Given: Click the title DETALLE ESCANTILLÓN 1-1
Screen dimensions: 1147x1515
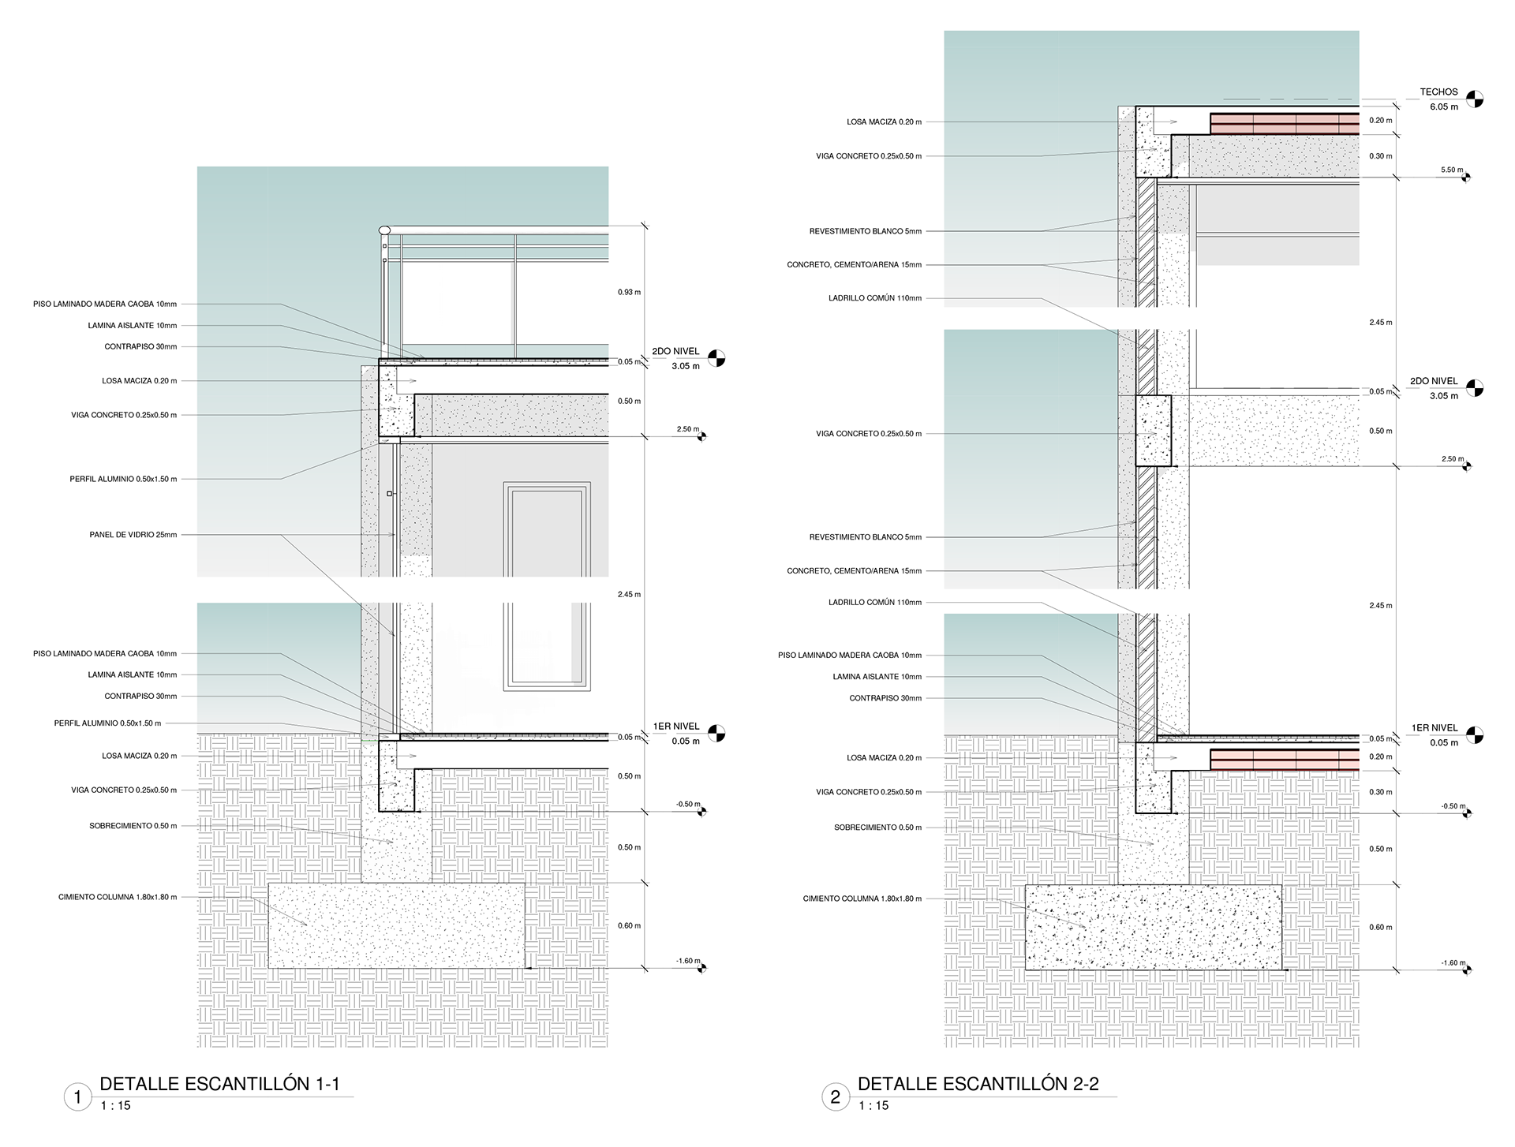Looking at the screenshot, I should coord(219,1084).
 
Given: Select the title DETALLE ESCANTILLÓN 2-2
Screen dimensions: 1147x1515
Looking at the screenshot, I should coord(978,1084).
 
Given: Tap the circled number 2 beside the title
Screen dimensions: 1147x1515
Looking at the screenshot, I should coord(835,1097).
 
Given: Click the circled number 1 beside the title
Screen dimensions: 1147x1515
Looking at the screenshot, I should coord(77,1097).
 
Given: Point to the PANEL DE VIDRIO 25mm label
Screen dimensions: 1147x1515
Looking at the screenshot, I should coord(133,535).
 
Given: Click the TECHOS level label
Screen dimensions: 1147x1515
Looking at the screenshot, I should coord(1438,92).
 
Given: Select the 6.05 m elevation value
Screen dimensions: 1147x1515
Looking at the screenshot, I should coord(1444,106).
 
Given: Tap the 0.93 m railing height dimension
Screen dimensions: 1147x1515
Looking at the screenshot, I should coord(629,293).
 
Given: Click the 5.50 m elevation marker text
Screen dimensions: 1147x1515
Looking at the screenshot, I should coord(1452,170).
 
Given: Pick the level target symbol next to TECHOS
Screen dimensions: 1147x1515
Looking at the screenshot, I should coord(1474,99).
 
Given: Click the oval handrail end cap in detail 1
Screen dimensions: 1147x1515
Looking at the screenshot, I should coord(384,230).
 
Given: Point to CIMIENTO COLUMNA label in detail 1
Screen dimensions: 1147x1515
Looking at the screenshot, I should coord(118,897).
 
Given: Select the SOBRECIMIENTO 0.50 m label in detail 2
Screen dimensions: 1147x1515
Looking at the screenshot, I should coord(877,828).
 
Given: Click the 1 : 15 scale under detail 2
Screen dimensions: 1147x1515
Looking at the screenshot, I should coord(873,1106).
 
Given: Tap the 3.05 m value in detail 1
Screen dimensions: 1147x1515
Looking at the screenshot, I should coord(685,366).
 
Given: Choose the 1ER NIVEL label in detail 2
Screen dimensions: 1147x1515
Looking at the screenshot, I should coord(1434,728).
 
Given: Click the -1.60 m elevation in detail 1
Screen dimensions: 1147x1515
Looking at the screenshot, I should coord(687,961).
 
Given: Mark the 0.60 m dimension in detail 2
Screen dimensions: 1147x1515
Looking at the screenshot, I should coord(1381,928).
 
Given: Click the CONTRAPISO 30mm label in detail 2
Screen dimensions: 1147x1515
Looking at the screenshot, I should coord(885,698).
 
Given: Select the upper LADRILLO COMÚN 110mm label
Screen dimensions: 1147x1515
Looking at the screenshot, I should coord(874,298).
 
